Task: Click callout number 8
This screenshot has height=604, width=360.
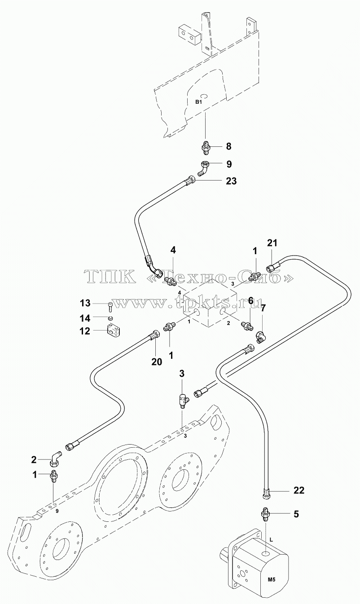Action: (x=228, y=146)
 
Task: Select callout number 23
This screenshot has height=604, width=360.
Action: (x=231, y=181)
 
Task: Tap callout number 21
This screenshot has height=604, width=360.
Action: (x=272, y=243)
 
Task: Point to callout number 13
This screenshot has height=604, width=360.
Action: (x=85, y=303)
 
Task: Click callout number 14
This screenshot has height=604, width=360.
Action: (x=85, y=318)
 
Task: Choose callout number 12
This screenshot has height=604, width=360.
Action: (x=85, y=331)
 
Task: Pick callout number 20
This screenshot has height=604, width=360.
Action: (x=157, y=362)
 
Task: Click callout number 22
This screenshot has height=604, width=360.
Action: (x=299, y=490)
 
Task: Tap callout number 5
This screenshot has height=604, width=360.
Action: (x=296, y=514)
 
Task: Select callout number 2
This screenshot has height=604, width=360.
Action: (x=34, y=460)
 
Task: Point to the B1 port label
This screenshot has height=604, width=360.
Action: (x=198, y=101)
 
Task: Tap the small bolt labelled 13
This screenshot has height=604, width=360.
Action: (x=110, y=305)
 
